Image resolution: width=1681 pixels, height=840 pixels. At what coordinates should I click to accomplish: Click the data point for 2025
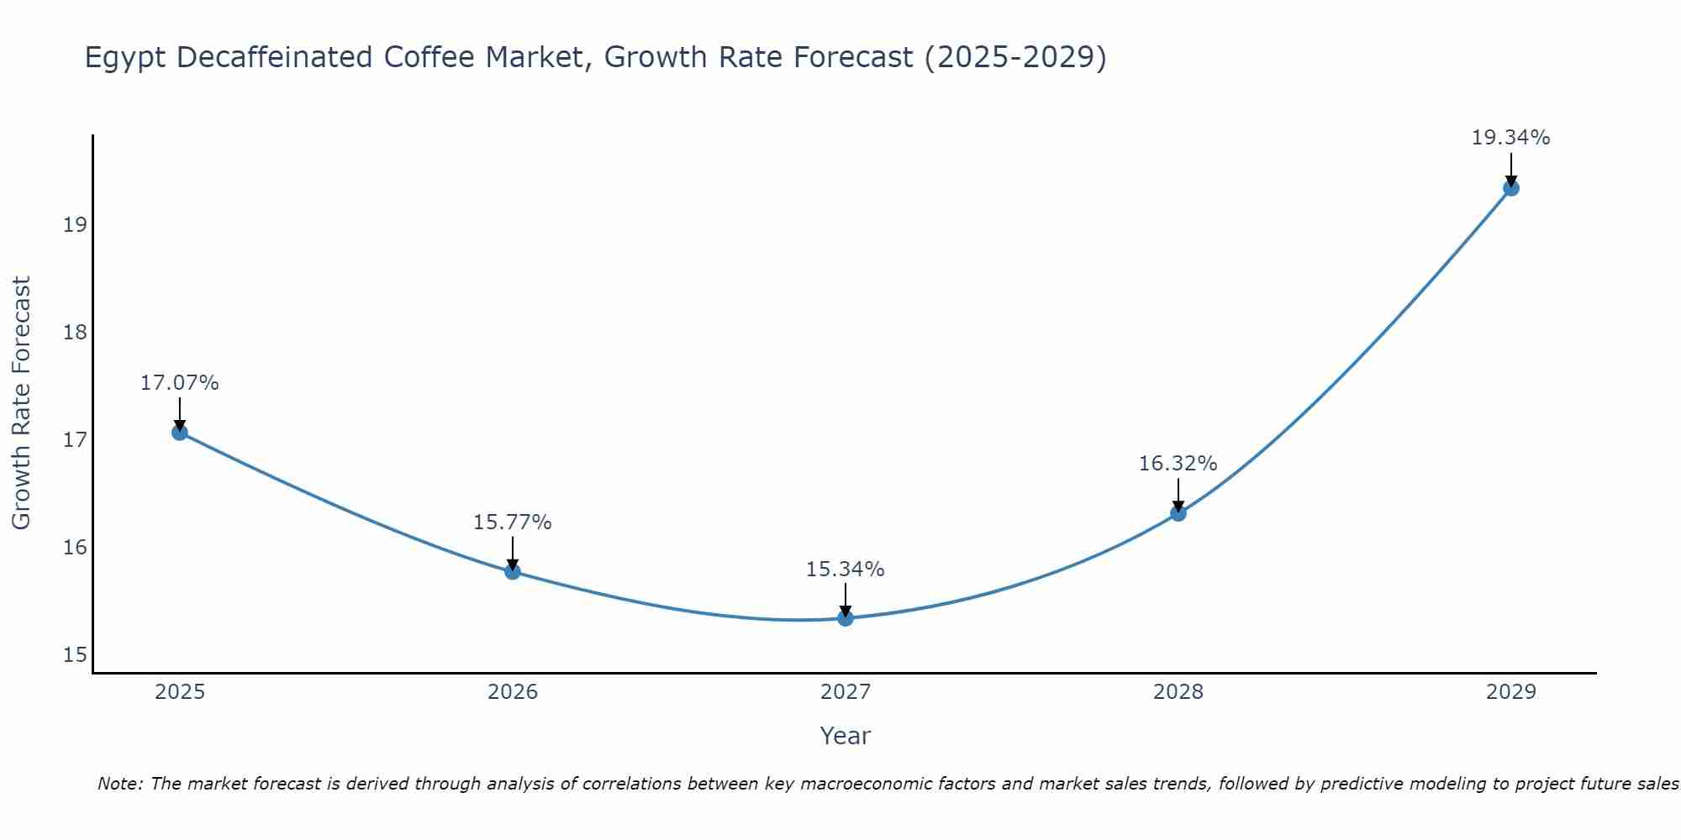point(179,433)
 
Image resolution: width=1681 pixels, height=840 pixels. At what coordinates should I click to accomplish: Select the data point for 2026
point(512,572)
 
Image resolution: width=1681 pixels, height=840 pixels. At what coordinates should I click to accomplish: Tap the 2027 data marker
point(846,618)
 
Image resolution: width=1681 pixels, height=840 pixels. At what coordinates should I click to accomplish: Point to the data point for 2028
point(1178,513)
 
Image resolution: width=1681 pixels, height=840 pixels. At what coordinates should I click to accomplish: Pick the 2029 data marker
point(1511,188)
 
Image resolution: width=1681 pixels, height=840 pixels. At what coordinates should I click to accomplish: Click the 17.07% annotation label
point(179,383)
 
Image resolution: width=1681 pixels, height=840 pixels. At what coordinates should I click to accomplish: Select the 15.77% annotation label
point(512,522)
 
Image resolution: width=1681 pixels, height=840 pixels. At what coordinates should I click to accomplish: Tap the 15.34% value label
point(846,570)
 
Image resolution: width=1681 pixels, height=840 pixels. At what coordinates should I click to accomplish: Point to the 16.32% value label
point(1178,464)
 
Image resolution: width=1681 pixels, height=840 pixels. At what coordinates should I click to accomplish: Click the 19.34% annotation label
point(1511,138)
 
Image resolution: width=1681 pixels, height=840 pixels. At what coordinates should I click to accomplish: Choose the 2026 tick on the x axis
point(513,692)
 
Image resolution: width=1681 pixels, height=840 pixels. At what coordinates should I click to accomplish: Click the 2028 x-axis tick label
point(1178,692)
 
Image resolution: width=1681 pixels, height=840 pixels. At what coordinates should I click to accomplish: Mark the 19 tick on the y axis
point(75,225)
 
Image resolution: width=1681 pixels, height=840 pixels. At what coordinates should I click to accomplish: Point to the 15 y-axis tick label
point(75,655)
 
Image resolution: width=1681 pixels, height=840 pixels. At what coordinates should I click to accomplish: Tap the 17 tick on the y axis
point(75,440)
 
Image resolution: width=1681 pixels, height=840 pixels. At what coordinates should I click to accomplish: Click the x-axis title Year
point(846,736)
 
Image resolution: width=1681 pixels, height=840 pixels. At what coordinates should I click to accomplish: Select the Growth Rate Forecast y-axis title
point(21,403)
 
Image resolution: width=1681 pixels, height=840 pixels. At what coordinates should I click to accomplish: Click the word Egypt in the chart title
point(125,58)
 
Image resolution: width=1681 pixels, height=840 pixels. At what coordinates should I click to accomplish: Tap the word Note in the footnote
point(120,785)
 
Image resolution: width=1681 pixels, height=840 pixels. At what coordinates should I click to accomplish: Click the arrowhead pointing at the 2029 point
point(1511,181)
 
